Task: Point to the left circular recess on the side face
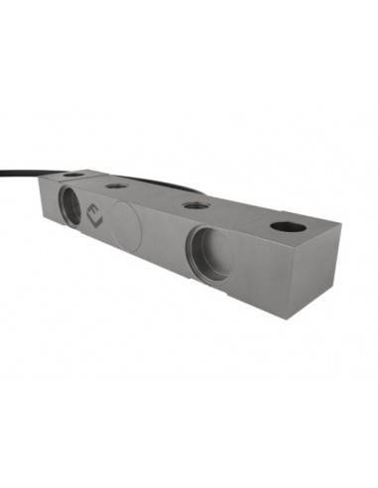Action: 71,206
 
